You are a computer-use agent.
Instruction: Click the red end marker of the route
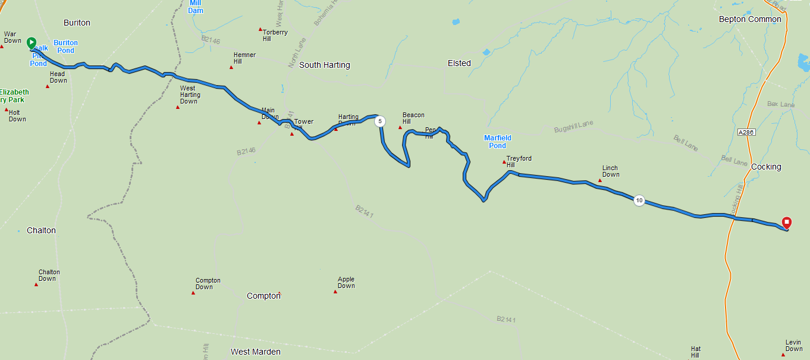click(x=787, y=223)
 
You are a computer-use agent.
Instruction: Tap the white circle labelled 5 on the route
click(x=380, y=121)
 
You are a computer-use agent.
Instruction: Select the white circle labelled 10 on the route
click(x=639, y=200)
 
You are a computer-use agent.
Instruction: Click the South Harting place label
click(x=324, y=65)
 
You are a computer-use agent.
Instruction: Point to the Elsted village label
click(x=459, y=63)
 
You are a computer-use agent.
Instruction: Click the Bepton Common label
click(x=750, y=19)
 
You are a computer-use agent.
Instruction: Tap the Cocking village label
click(x=766, y=167)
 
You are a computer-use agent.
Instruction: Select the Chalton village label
click(x=41, y=230)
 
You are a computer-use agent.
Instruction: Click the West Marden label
click(x=255, y=352)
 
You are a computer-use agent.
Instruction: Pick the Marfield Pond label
click(x=498, y=142)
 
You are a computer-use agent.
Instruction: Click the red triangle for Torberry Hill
click(x=260, y=29)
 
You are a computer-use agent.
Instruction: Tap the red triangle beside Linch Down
click(x=600, y=180)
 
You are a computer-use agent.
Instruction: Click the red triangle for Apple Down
click(x=335, y=292)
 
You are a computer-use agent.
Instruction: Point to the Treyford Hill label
click(x=519, y=162)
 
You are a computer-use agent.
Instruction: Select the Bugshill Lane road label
click(x=573, y=127)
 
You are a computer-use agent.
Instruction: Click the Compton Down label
click(x=208, y=284)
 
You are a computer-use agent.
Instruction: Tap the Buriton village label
click(x=77, y=23)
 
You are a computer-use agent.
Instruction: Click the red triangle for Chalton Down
click(x=36, y=284)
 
